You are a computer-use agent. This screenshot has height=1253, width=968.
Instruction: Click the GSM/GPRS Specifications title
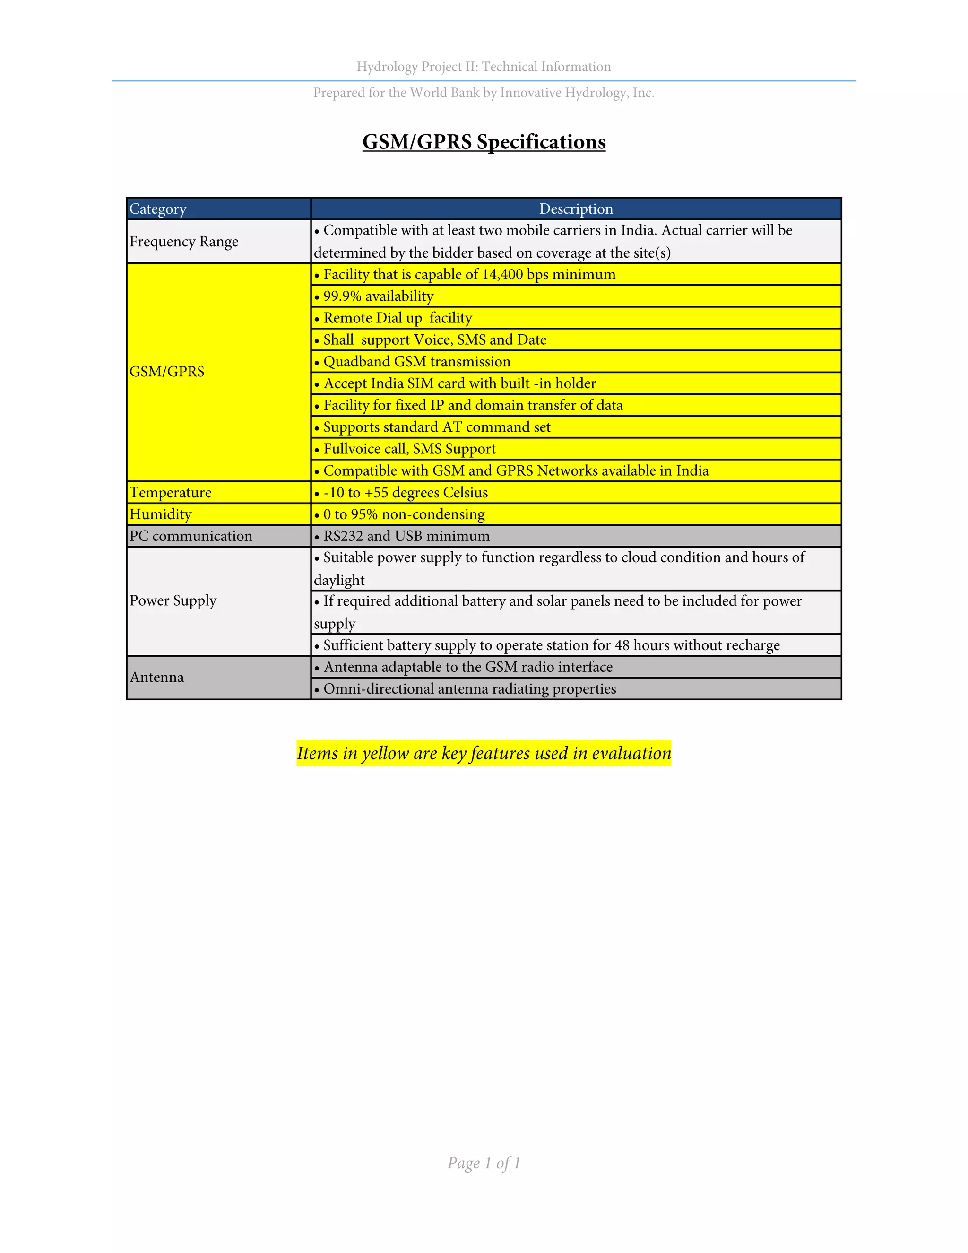point(484,142)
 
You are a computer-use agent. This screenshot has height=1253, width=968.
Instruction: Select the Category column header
point(158,209)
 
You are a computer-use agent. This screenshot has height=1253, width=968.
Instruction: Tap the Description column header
point(576,209)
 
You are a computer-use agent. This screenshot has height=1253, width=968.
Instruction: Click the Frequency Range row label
point(184,242)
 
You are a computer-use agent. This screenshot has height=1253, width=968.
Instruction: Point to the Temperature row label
point(170,492)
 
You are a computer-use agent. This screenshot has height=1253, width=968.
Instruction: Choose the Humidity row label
point(161,514)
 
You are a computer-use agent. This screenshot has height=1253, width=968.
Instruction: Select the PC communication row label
point(190,536)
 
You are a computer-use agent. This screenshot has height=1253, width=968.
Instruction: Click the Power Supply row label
point(173,600)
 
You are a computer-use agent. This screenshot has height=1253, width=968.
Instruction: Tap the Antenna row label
point(156,678)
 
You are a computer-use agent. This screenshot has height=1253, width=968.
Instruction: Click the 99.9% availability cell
point(379,296)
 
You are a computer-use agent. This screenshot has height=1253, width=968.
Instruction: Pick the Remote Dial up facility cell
point(398,318)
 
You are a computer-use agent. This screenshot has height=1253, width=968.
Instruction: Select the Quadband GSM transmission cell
point(417,361)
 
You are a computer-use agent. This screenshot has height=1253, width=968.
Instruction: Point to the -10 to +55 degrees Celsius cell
point(406,492)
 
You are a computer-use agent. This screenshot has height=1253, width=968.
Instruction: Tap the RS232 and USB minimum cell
point(406,536)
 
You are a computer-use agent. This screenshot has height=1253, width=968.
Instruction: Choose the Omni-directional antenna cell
point(470,688)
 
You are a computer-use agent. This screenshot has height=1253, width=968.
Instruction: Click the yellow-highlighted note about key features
point(484,753)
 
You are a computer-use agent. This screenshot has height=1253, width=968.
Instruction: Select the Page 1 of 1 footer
point(484,1163)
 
